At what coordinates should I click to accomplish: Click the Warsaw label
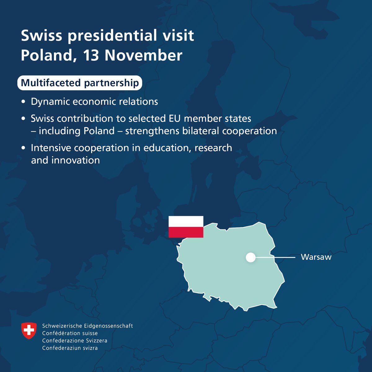pyautogui.click(x=316, y=257)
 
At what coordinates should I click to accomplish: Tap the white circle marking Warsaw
pyautogui.click(x=250, y=257)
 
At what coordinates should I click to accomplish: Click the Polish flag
pyautogui.click(x=186, y=227)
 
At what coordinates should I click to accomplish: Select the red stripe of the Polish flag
pyautogui.click(x=186, y=232)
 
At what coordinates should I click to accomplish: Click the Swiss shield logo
pyautogui.click(x=29, y=330)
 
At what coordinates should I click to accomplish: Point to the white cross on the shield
pyautogui.click(x=29, y=330)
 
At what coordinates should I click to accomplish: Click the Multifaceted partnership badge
pyautogui.click(x=80, y=83)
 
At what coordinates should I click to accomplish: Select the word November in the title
pyautogui.click(x=143, y=55)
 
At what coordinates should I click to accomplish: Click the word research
pyautogui.click(x=213, y=148)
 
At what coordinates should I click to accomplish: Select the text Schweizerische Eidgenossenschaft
pyautogui.click(x=87, y=326)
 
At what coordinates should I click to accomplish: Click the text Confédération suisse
pyautogui.click(x=70, y=333)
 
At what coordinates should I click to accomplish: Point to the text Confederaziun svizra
pyautogui.click(x=70, y=348)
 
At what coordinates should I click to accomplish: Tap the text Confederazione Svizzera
pyautogui.click(x=75, y=341)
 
